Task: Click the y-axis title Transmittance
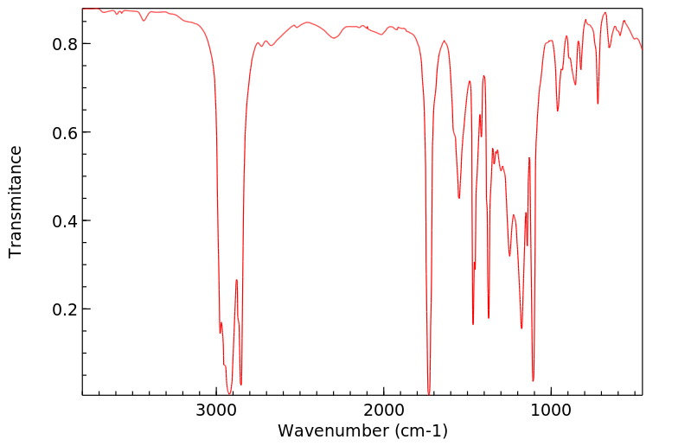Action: [16, 201]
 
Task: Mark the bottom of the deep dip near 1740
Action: [429, 393]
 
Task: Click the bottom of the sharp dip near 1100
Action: [533, 380]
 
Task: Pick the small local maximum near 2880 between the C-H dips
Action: [236, 280]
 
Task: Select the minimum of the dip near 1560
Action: [459, 198]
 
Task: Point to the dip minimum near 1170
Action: [521, 328]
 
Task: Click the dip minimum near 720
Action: [598, 104]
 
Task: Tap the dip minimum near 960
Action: [558, 111]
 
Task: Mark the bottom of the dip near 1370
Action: [489, 317]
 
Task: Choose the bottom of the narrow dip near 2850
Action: [241, 384]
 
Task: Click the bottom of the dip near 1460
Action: [473, 324]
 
